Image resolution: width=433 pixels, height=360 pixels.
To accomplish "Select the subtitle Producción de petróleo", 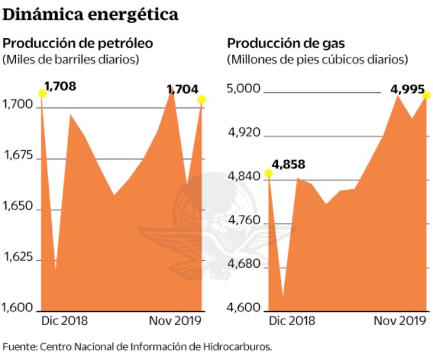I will pyautogui.click(x=78, y=43).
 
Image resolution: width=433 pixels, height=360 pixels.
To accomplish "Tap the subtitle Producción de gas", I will pyautogui.click(x=285, y=43).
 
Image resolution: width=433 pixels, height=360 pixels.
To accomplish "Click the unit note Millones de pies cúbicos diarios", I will pyautogui.click(x=317, y=59).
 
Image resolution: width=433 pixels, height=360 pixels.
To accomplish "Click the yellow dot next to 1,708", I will pyautogui.click(x=42, y=93).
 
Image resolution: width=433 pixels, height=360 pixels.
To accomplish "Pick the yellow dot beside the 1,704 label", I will pyautogui.click(x=202, y=100).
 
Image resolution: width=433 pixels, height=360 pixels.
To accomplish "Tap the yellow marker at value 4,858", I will pyautogui.click(x=268, y=173).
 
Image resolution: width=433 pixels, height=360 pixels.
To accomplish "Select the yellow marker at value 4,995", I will pyautogui.click(x=427, y=95).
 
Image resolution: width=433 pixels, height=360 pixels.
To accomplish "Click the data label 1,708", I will pyautogui.click(x=60, y=87).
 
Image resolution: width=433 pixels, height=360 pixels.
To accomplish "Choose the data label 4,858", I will pyautogui.click(x=288, y=164).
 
